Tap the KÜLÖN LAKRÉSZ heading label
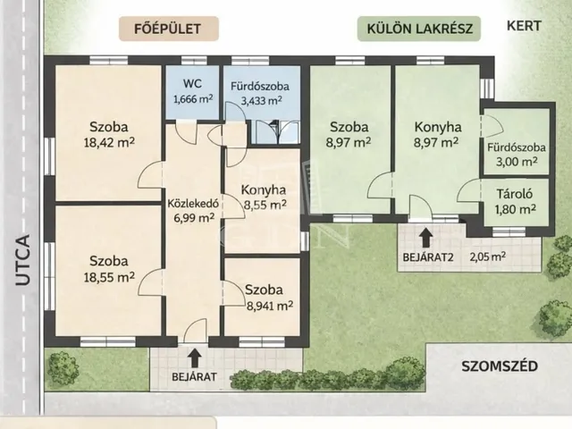pyautogui.click(x=420, y=29)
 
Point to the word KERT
pyautogui.click(x=525, y=26)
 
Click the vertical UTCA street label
pyautogui.click(x=23, y=260)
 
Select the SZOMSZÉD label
pyautogui.click(x=500, y=366)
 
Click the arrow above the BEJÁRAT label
pyautogui.click(x=195, y=357)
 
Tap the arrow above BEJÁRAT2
pyautogui.click(x=425, y=238)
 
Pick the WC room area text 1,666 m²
pyautogui.click(x=193, y=99)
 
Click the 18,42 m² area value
pyautogui.click(x=109, y=142)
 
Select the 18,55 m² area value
pyautogui.click(x=109, y=277)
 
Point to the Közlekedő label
pyautogui.click(x=193, y=204)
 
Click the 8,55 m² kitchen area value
pyautogui.click(x=265, y=206)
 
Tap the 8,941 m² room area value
pyautogui.click(x=270, y=306)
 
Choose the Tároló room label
pyautogui.click(x=515, y=194)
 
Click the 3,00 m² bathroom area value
pyautogui.click(x=517, y=161)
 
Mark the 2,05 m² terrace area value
pyautogui.click(x=488, y=257)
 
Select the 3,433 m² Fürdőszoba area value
pyautogui.click(x=261, y=100)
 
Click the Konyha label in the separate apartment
pyautogui.click(x=438, y=127)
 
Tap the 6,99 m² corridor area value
pyautogui.click(x=193, y=218)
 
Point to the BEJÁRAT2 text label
pyautogui.click(x=428, y=257)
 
